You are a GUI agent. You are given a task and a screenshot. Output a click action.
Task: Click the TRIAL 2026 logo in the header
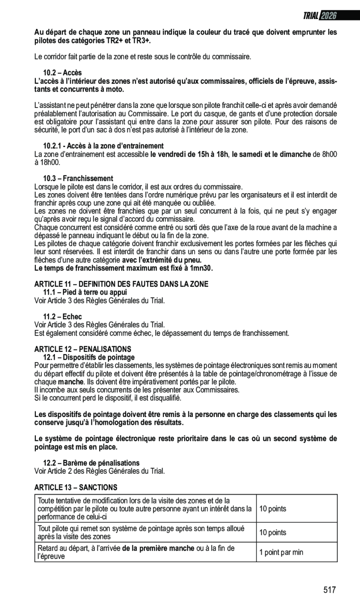pos(320,16)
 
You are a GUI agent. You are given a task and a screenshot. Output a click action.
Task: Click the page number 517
pos(330,590)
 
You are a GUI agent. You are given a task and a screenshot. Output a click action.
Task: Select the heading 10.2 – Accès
pos(62,73)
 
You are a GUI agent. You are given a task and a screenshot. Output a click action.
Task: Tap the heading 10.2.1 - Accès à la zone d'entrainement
pos(103,146)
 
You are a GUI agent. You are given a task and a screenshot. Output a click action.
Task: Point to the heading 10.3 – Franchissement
pos(78,178)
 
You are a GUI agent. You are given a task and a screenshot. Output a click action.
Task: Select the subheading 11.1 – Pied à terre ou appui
pos(85,292)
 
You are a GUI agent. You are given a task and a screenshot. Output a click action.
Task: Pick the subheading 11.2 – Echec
pos(62,316)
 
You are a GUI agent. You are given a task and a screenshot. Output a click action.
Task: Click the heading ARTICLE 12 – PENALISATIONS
pos(83,349)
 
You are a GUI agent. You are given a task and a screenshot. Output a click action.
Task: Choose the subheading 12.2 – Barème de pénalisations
pos(91,463)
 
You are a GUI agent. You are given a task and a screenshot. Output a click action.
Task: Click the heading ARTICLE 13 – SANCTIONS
pos(75,487)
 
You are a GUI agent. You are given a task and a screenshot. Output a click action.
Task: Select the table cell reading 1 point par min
pos(281,552)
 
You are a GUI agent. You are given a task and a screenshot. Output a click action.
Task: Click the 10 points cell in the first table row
pos(273,509)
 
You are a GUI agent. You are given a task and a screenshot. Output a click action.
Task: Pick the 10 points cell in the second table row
pos(273,532)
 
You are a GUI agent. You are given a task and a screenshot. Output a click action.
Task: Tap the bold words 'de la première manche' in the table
pos(158,548)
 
